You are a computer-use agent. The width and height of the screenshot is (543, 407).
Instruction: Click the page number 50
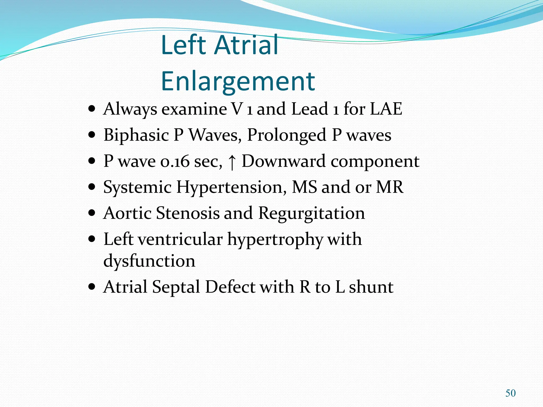tap(510, 393)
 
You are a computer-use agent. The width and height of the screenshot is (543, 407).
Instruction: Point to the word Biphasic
tap(136, 135)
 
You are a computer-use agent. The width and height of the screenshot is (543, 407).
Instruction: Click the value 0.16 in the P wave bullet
tap(175, 161)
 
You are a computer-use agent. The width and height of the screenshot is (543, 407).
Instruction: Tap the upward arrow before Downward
tap(232, 162)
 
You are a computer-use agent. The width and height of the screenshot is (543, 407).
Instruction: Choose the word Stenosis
tap(188, 213)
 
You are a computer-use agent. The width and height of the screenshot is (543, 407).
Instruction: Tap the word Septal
tap(176, 287)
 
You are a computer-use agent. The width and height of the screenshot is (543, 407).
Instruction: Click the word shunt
tap(371, 287)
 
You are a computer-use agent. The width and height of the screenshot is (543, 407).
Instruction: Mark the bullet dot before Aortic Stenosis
tap(92, 213)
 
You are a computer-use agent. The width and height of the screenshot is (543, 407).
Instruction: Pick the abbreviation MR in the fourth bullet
tap(390, 187)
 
